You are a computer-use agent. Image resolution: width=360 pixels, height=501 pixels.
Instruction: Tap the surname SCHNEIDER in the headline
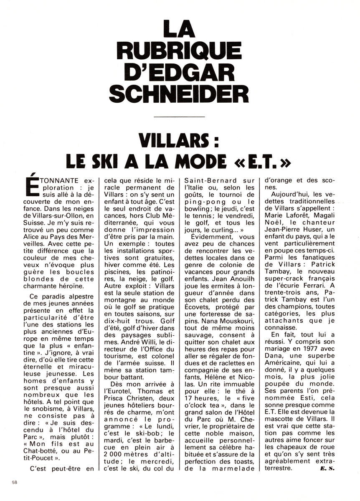(180, 94)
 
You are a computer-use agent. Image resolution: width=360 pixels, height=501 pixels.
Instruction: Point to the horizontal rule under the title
(180, 116)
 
